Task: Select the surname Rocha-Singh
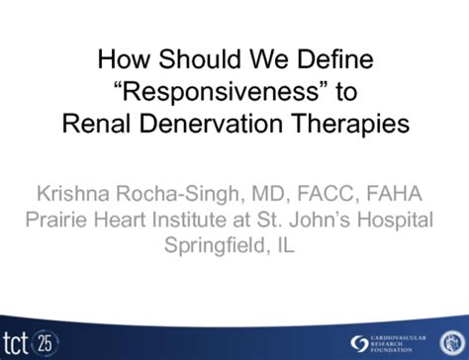coord(201,190)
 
